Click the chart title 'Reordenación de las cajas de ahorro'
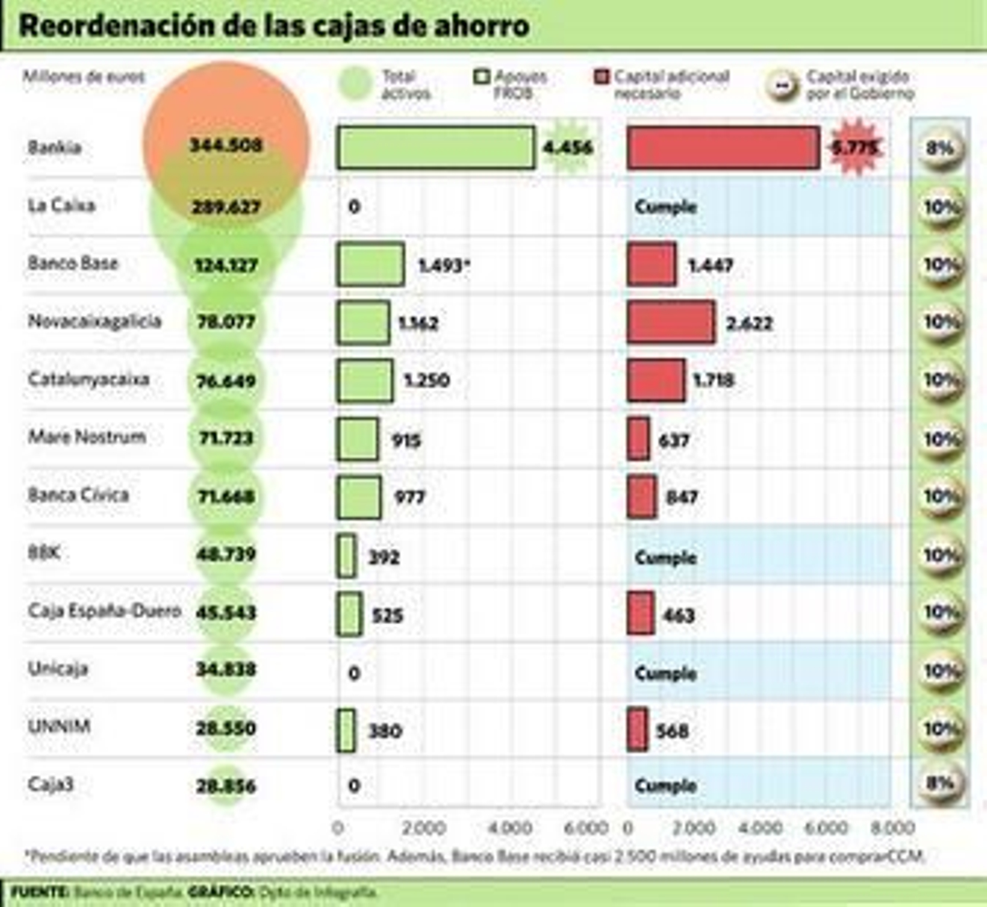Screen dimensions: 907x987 coord(274,26)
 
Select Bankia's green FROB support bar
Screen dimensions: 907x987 coord(436,147)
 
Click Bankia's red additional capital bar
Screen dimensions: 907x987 coord(723,147)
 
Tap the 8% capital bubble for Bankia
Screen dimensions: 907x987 coord(940,149)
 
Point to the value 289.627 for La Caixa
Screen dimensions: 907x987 coord(226,207)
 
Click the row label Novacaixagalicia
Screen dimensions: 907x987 coord(94,321)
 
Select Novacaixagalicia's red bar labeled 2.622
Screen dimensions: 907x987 coord(671,322)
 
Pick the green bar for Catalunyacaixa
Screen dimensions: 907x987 coord(365,380)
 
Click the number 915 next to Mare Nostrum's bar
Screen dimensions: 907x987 coord(406,440)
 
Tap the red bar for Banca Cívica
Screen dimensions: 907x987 coord(642,497)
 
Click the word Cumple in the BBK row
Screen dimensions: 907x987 coord(666,557)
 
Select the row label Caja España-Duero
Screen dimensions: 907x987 coord(104,611)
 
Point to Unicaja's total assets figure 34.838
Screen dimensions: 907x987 coord(226,670)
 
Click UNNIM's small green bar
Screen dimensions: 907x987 coord(346,731)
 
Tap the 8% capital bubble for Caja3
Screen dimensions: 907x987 coord(940,784)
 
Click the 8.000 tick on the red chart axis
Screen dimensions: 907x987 coord(892,827)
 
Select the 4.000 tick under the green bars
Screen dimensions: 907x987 coord(510,827)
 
